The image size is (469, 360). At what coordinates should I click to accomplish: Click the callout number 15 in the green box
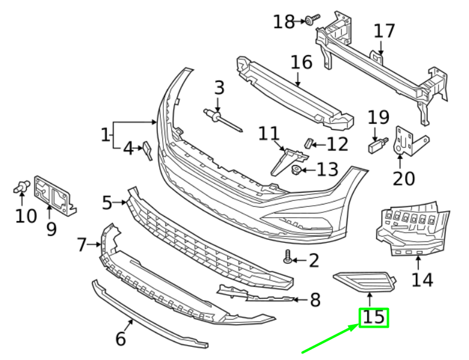point(374,318)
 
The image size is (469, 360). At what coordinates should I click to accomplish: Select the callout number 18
point(284,22)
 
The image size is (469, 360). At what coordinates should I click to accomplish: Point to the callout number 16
point(301,62)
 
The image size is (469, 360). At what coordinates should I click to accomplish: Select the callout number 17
point(385,31)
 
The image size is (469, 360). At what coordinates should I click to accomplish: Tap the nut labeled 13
point(296,170)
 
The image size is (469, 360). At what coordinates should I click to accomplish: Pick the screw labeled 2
point(289,258)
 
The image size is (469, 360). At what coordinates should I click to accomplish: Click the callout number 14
point(422,279)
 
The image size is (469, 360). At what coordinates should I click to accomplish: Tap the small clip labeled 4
point(146,150)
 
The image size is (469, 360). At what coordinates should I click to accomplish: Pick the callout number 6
point(120,339)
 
